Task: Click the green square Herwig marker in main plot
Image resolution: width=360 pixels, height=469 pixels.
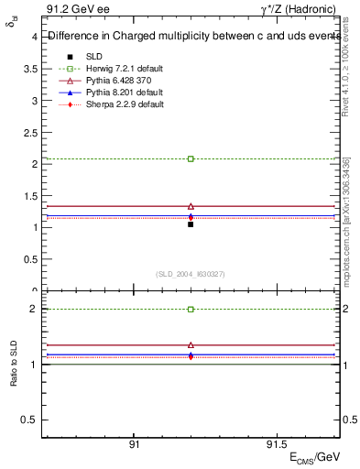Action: (191, 158)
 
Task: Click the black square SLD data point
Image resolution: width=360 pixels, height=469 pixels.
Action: (191, 224)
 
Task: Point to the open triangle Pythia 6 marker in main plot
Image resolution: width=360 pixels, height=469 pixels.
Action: (191, 206)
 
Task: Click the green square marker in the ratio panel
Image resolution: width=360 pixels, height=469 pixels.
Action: (191, 310)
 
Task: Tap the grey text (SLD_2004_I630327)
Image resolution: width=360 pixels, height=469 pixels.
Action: (191, 274)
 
